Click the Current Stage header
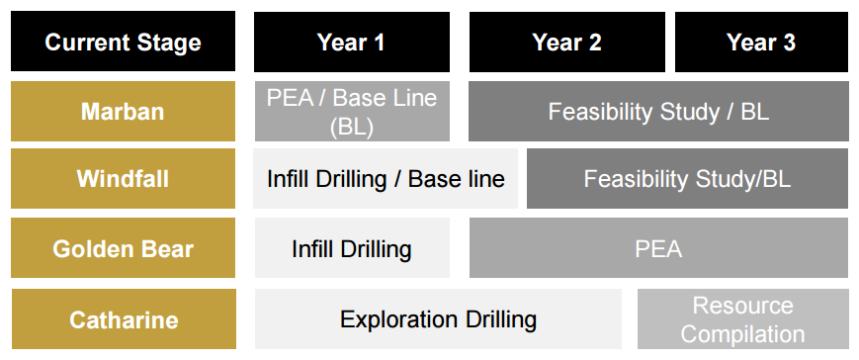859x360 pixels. [123, 42]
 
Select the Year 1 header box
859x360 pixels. [352, 42]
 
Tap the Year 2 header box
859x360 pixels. [567, 42]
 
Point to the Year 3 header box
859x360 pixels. [761, 42]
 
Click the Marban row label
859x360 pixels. [123, 111]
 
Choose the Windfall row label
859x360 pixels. [123, 179]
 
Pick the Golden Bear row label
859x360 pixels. [123, 248]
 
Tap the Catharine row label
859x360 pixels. [124, 318]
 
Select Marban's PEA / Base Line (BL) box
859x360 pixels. [352, 111]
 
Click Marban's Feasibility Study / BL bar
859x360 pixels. [658, 111]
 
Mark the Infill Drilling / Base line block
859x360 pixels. [386, 179]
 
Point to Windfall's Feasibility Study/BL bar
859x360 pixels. [688, 179]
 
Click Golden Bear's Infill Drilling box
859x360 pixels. [352, 248]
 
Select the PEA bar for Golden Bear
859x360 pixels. [658, 248]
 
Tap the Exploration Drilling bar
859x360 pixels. [438, 318]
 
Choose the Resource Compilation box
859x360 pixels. [743, 318]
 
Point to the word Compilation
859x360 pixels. [742, 333]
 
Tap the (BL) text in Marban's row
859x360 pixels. [352, 127]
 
